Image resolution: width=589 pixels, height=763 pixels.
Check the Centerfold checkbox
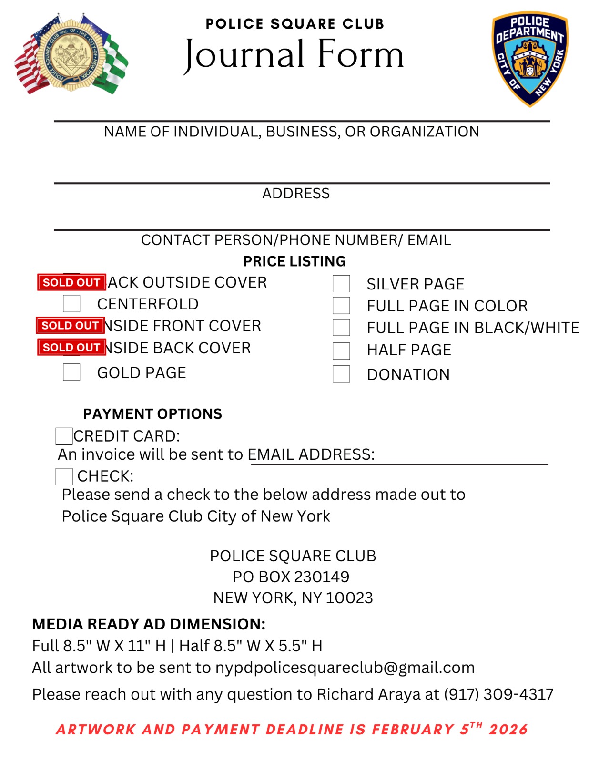coord(71,303)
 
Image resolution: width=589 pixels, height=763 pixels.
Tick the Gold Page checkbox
coord(71,372)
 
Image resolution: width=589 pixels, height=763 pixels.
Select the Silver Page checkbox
coord(341,284)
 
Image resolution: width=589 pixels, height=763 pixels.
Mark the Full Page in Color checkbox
coord(341,305)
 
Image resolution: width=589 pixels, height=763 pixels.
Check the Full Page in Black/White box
coord(341,328)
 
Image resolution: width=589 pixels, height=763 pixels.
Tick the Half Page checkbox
coord(341,351)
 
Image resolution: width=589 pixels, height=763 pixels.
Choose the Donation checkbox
coord(341,374)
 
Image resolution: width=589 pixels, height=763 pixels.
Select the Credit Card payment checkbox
coord(64,436)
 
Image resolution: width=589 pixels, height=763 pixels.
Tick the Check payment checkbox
coord(64,476)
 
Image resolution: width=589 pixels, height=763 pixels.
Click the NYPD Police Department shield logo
coord(530,59)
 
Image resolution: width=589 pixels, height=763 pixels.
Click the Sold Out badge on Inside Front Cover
coord(70,326)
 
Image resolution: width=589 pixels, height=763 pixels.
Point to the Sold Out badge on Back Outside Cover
coord(71,282)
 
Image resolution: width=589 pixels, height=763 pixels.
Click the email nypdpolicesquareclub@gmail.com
coord(345,668)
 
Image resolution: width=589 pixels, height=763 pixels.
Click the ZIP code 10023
coord(349,598)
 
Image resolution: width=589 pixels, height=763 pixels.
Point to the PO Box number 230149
coord(322,577)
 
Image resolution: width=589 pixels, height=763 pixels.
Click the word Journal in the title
coord(244,54)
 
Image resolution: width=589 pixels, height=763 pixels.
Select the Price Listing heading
coord(294,261)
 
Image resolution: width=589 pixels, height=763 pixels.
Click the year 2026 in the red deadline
coord(508,730)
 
